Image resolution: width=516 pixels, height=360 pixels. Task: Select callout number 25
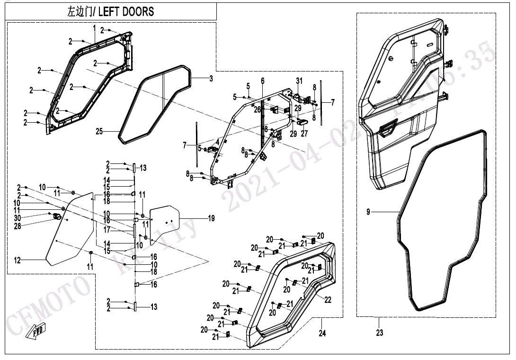click(x=99, y=132)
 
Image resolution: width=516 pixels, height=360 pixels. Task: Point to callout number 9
click(x=368, y=212)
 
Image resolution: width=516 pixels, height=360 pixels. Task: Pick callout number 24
click(x=322, y=333)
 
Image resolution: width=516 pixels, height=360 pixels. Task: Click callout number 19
click(x=211, y=218)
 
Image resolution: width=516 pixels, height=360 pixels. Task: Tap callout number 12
click(x=18, y=260)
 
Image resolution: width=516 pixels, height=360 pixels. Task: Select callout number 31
click(x=299, y=81)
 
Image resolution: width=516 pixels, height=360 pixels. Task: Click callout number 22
click(x=328, y=300)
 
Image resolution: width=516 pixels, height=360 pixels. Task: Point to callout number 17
click(x=107, y=230)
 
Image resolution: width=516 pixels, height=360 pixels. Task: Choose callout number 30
click(x=18, y=218)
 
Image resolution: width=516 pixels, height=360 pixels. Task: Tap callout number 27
click(x=304, y=134)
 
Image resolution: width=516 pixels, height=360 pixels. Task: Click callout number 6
click(x=263, y=81)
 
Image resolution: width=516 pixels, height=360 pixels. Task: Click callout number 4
click(x=217, y=141)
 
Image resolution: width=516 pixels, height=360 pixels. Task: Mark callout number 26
click(x=257, y=109)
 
